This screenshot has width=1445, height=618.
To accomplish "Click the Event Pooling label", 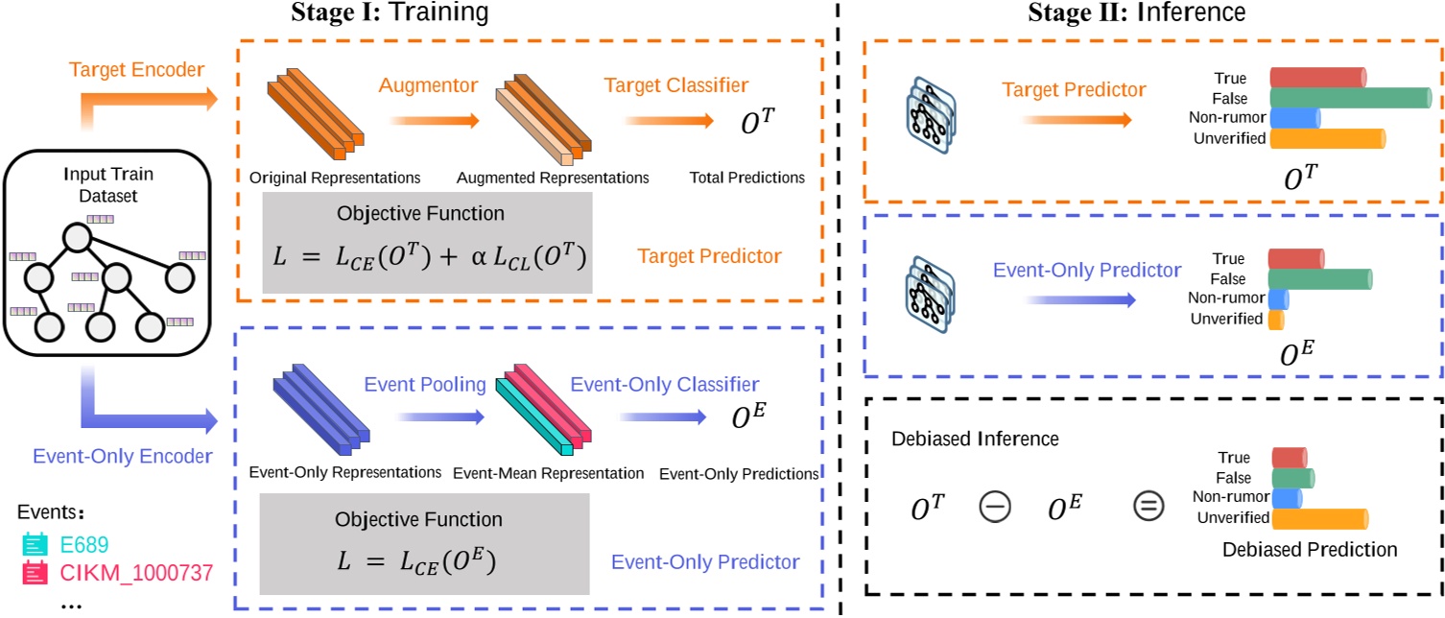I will (x=424, y=385).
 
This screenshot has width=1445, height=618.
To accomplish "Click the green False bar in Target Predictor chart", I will (x=1349, y=98).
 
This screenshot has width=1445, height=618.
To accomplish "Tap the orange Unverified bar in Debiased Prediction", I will (x=1318, y=518).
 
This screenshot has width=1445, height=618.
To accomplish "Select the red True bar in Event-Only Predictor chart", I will (x=1295, y=258).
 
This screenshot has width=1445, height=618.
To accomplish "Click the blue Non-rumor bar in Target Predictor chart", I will (x=1294, y=118).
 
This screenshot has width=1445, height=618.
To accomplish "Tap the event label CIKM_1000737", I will (x=118, y=574).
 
